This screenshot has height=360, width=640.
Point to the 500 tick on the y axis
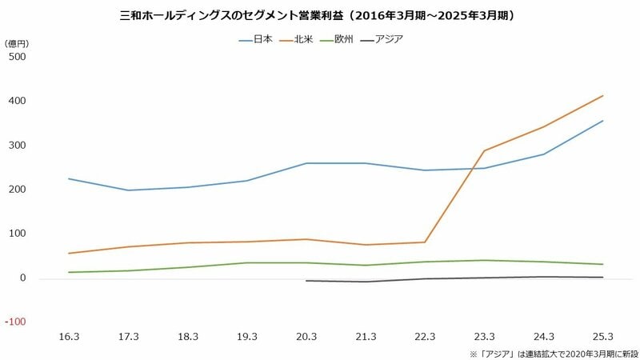(x=17, y=57)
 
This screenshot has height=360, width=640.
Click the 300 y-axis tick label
(x=17, y=146)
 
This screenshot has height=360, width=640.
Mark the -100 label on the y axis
(x=17, y=322)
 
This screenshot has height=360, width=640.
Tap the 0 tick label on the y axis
(x=23, y=278)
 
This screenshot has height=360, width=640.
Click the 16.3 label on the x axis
(x=69, y=337)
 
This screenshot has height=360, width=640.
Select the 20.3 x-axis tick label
(x=306, y=337)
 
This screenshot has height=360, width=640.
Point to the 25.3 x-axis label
(x=603, y=337)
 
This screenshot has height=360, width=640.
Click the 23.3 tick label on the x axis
(x=484, y=337)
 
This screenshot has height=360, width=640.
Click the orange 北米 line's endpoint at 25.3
(x=603, y=96)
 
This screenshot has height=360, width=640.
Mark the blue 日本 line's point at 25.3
(x=603, y=121)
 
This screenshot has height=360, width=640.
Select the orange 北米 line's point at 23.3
(x=484, y=150)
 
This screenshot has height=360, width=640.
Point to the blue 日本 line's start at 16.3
(x=69, y=178)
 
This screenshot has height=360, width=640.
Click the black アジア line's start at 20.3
(x=306, y=281)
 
